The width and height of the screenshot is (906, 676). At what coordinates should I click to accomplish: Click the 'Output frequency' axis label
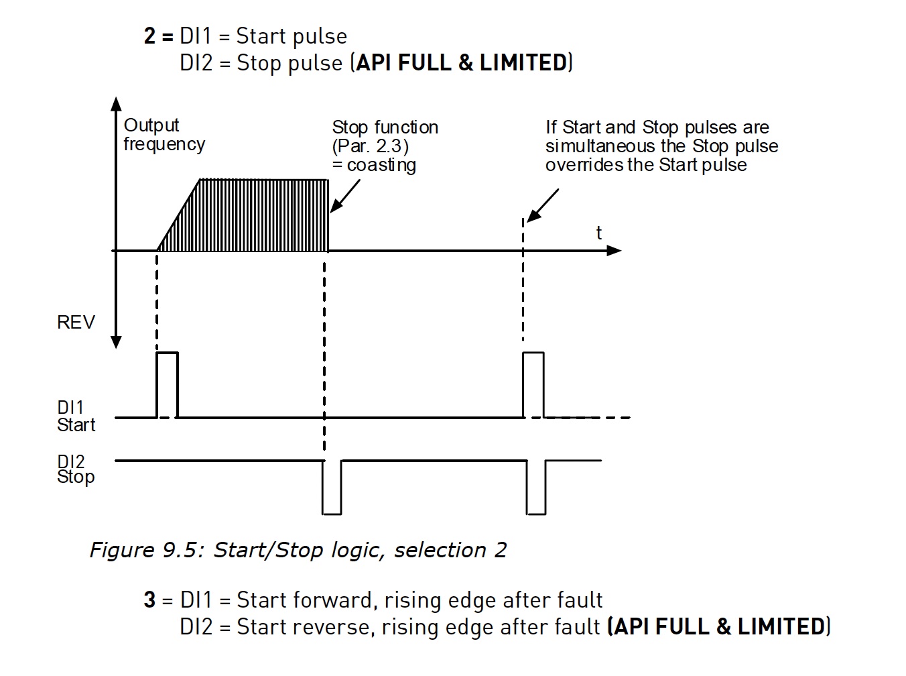[x=164, y=135]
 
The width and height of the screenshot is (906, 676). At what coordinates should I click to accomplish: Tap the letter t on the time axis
[x=598, y=233]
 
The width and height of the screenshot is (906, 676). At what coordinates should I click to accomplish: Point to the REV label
[x=76, y=323]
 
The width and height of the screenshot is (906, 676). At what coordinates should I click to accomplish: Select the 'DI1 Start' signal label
[x=76, y=416]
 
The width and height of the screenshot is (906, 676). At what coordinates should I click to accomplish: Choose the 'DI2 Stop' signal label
[x=75, y=469]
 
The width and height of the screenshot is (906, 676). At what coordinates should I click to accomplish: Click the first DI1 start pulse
[x=168, y=384]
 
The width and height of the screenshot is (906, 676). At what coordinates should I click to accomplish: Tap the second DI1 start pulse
[x=533, y=384]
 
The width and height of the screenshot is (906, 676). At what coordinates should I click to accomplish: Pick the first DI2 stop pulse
[x=332, y=488]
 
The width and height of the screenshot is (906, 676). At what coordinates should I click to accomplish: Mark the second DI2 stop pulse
[x=536, y=488]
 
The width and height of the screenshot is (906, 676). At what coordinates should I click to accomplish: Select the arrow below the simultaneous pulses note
[x=543, y=205]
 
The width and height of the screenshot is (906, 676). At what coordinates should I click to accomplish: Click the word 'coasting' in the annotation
[x=381, y=165]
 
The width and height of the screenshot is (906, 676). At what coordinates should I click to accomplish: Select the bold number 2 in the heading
[x=149, y=36]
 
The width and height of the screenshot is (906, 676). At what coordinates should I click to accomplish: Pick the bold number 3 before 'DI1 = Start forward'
[x=149, y=600]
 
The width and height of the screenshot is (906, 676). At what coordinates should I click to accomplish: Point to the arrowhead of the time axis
[x=614, y=251]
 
